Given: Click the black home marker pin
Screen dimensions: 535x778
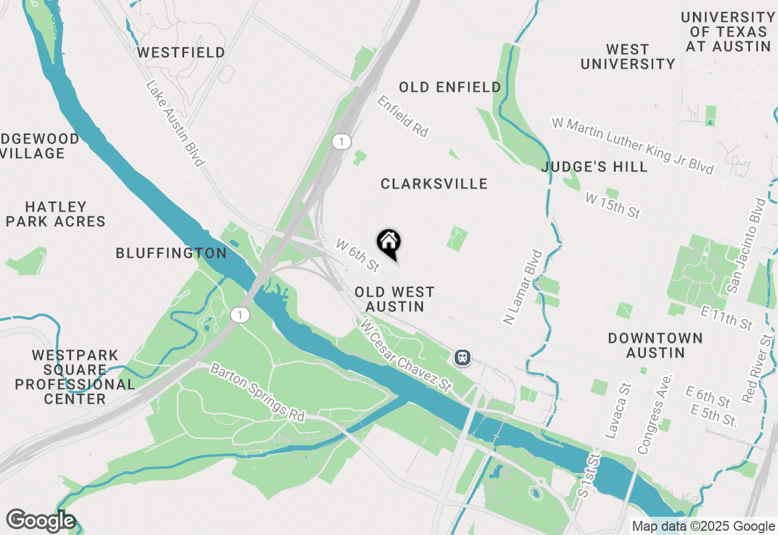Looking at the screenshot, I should [x=389, y=243].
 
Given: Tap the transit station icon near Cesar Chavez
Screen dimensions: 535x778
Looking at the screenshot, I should [x=463, y=357].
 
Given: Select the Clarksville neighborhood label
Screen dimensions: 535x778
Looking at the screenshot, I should [x=434, y=184].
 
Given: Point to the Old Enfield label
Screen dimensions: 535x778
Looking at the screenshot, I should [x=450, y=88].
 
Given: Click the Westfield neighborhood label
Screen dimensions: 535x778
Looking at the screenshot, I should [x=181, y=53].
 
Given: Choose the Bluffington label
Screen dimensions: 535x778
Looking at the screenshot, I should [x=171, y=253].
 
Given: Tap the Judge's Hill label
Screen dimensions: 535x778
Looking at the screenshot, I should [x=594, y=167].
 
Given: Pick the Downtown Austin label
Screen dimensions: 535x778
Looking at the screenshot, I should [x=655, y=345].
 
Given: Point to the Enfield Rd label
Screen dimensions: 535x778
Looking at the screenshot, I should [x=403, y=116].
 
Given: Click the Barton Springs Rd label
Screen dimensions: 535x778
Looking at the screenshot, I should [x=258, y=393].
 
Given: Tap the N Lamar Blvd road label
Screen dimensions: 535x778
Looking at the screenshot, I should [x=522, y=287].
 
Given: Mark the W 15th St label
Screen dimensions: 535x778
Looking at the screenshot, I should [x=613, y=205].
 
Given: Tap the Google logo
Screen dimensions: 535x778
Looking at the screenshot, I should [x=41, y=521].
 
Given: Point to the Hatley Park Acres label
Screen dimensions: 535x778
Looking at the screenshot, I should [x=56, y=214].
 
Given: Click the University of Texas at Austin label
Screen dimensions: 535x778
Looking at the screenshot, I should [x=726, y=32].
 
